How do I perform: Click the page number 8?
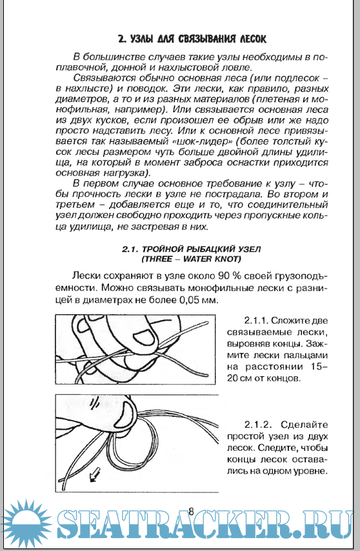click(x=191, y=511)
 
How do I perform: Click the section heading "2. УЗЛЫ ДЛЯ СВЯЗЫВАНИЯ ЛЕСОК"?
click(x=192, y=39)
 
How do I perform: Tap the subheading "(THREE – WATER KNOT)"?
click(x=192, y=259)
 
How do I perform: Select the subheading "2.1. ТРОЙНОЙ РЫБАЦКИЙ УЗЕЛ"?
click(x=192, y=249)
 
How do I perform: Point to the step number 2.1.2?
click(x=258, y=425)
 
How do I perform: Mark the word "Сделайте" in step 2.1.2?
click(x=304, y=425)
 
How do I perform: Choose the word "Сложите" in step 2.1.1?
click(x=290, y=321)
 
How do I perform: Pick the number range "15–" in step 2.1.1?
click(x=319, y=366)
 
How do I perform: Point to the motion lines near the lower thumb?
click(x=94, y=404)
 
